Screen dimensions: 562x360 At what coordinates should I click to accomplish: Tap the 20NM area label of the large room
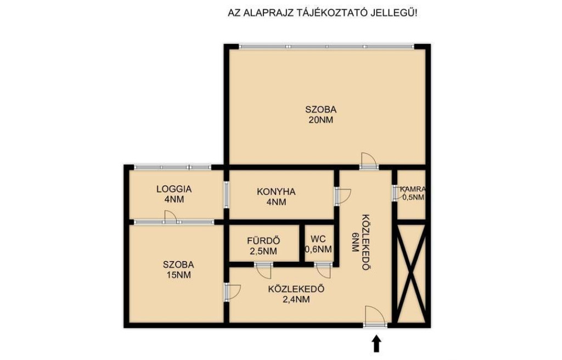[321, 120]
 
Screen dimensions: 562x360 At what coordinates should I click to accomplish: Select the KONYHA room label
[276, 192]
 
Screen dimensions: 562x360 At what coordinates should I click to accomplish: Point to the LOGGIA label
[174, 189]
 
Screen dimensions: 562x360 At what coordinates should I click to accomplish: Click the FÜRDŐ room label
[263, 240]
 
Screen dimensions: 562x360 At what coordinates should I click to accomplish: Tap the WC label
[318, 239]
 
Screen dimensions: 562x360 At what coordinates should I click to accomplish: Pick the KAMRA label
[413, 189]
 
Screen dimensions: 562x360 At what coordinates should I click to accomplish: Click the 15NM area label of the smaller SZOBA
[178, 275]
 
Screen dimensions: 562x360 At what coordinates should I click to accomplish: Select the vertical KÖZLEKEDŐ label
[366, 243]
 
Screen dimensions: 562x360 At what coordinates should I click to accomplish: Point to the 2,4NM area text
[296, 299]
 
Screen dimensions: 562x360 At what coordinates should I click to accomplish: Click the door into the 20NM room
[369, 161]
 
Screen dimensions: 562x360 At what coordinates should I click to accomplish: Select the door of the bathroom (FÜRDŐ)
[263, 271]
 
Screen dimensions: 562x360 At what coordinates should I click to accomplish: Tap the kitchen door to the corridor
[342, 196]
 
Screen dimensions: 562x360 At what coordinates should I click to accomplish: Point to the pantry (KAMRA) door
[398, 193]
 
